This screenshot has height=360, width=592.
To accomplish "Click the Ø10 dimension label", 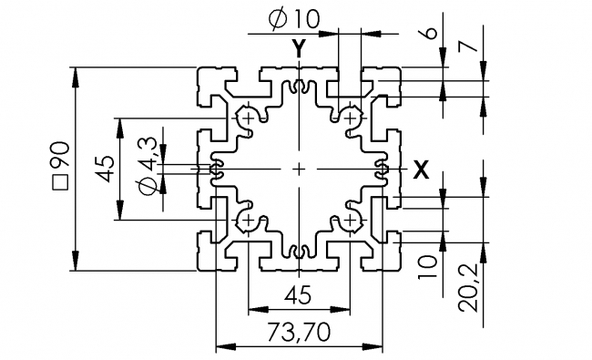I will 296,18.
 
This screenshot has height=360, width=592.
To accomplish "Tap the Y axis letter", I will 299,47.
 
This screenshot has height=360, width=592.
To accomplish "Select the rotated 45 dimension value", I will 104,169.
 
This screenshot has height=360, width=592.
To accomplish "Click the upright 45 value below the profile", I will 296,295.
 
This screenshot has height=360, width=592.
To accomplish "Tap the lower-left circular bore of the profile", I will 247,221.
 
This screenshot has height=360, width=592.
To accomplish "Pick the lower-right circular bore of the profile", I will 351,221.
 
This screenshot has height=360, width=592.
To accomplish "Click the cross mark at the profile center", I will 299,169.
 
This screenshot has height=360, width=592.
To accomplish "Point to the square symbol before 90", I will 60,182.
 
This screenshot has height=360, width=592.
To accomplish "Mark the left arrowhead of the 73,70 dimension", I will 219,347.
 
